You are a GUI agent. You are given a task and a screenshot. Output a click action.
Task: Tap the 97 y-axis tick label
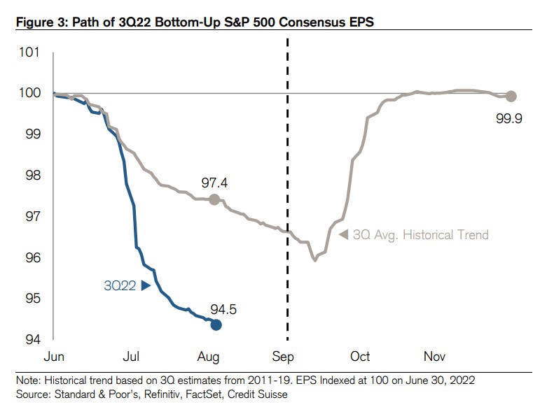32,217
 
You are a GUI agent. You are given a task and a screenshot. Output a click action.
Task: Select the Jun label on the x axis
55,356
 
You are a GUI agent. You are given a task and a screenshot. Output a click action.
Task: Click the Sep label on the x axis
283,356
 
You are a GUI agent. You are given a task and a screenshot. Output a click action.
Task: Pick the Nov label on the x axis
435,356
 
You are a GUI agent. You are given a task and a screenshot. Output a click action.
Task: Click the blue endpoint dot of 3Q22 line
216,324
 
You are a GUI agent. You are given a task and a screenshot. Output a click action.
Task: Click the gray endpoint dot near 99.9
511,96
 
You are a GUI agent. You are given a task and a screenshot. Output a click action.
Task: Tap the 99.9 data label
509,117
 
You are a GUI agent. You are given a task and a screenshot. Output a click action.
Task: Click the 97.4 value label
216,183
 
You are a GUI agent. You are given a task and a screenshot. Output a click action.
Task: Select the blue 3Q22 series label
120,285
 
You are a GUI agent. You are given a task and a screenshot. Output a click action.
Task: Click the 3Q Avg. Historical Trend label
420,235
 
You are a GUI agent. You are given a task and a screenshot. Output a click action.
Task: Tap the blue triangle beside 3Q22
146,285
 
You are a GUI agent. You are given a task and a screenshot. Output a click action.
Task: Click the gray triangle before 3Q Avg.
343,235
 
